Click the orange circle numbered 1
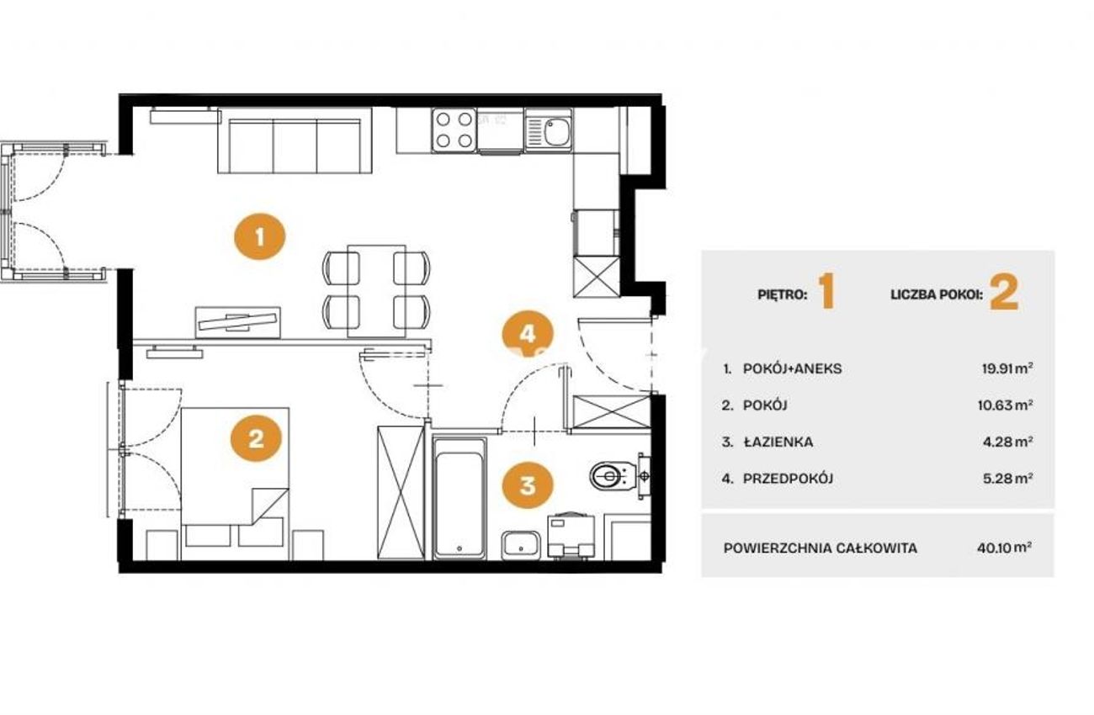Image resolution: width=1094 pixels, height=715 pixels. [259, 236]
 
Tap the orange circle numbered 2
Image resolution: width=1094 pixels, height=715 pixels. [256, 438]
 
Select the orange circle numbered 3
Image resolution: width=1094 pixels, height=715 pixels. [528, 485]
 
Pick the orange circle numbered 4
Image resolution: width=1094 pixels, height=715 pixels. [528, 335]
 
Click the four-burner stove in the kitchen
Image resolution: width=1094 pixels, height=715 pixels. [454, 130]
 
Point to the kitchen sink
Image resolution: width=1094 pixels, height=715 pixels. [549, 130]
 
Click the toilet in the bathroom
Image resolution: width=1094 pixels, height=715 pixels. [614, 474]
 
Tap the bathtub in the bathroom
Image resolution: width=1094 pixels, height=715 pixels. [459, 498]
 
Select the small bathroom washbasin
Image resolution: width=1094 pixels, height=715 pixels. [521, 546]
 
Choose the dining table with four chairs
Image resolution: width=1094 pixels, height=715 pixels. [376, 291]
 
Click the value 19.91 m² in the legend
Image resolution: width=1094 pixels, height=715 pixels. [1007, 368]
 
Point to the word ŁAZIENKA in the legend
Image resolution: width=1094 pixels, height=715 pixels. [778, 442]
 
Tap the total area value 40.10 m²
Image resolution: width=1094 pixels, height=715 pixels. [1005, 548]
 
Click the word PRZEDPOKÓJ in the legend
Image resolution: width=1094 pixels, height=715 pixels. [789, 479]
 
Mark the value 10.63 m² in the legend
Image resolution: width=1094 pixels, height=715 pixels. [1005, 405]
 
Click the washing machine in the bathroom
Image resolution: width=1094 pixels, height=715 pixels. [571, 536]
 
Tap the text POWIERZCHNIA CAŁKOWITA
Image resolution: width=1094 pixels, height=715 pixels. [820, 548]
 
